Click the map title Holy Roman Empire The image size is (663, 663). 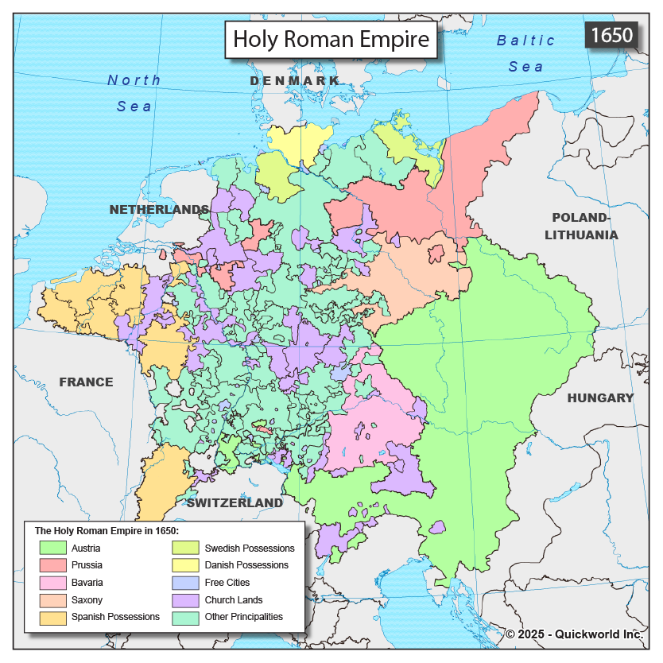click(x=331, y=39)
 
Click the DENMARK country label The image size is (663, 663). click(x=294, y=81)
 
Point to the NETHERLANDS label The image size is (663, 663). click(x=159, y=209)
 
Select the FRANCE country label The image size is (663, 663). click(x=86, y=382)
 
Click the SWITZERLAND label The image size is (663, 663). click(x=235, y=502)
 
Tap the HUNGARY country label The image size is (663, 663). click(x=600, y=397)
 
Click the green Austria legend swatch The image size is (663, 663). click(x=52, y=548)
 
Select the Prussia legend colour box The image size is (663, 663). click(x=52, y=565)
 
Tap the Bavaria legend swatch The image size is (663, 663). click(x=52, y=583)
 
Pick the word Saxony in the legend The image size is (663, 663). click(x=87, y=600)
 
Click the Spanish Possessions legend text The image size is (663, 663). click(x=115, y=617)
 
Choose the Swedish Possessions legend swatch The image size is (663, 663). click(x=186, y=548)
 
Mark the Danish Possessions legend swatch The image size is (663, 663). click(x=186, y=565)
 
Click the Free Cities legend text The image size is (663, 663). click(x=228, y=583)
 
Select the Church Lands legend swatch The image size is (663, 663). click(x=186, y=600)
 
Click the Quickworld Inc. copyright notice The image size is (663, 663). click(x=574, y=634)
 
